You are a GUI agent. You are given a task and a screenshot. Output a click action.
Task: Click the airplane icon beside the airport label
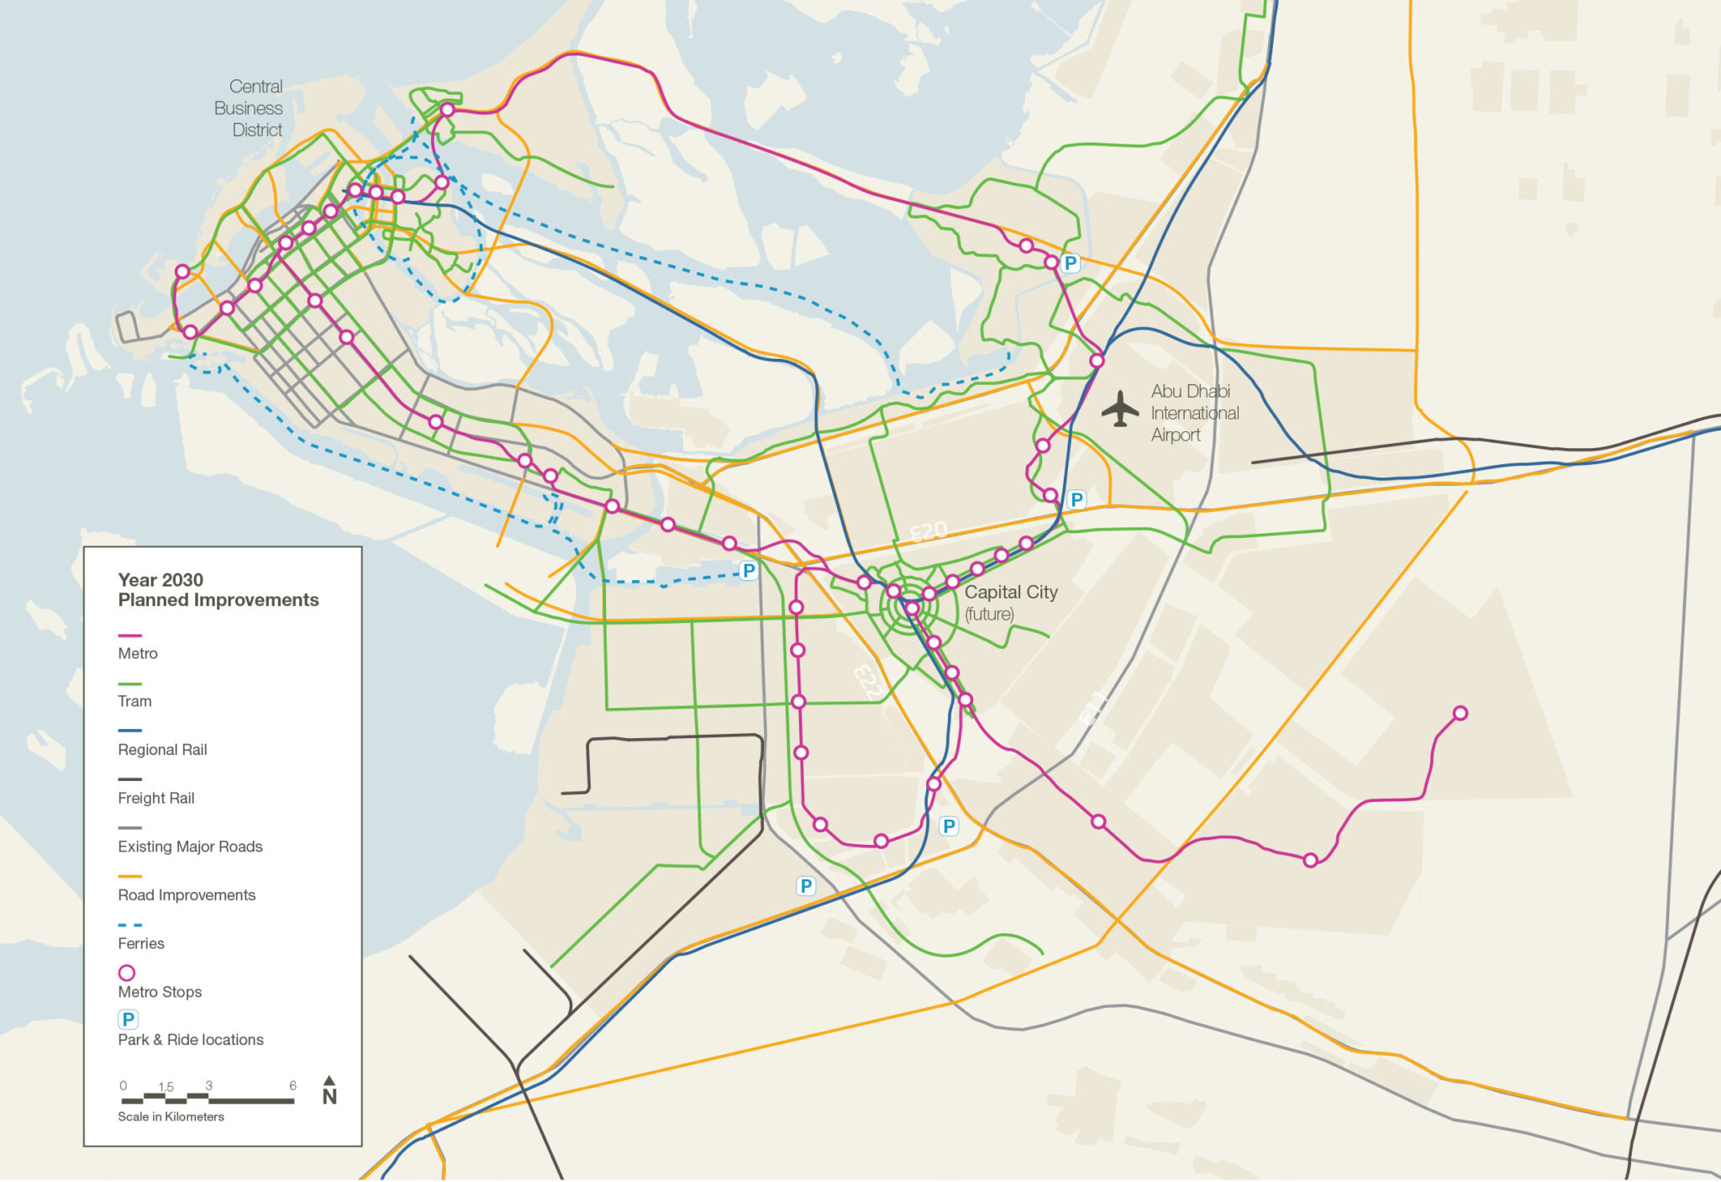click(1119, 409)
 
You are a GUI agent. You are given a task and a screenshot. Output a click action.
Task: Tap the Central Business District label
click(249, 108)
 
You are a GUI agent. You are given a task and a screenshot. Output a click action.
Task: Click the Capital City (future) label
click(1010, 601)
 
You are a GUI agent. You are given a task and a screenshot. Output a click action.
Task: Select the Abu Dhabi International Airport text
click(1194, 413)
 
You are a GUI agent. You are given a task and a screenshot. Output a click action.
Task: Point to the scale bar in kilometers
click(208, 1099)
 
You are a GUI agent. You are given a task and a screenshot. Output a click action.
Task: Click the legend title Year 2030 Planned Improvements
click(218, 589)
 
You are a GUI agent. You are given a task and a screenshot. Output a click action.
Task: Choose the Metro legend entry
click(138, 653)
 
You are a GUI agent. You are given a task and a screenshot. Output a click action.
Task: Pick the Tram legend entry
click(134, 701)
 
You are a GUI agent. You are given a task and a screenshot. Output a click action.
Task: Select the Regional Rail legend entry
click(162, 749)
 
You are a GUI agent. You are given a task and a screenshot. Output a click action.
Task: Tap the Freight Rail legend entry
click(156, 798)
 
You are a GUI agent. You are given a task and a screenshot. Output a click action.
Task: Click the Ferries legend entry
click(141, 943)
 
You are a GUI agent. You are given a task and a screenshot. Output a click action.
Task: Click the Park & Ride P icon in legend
click(128, 1020)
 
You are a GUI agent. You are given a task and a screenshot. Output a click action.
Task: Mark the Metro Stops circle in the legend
click(127, 973)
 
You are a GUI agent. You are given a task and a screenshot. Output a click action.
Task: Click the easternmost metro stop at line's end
click(1460, 713)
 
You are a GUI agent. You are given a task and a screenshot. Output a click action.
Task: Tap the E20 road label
click(929, 531)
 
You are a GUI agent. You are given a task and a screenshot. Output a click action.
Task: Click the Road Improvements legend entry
click(187, 894)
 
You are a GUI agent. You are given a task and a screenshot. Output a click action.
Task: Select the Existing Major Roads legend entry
click(190, 847)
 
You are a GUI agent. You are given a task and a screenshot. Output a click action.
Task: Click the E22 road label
click(866, 681)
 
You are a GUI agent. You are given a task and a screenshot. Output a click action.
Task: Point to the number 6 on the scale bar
click(292, 1085)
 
